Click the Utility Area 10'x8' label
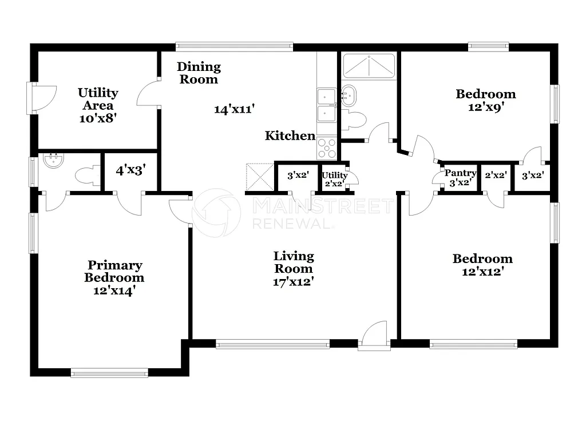98,106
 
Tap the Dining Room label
199,73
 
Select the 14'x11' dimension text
234,109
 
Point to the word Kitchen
290,136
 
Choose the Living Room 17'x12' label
294,269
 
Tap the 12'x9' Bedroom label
485,100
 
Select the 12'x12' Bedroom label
482,265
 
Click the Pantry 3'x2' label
460,178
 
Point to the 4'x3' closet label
131,170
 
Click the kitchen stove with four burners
327,148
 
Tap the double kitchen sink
327,105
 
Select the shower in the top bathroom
369,66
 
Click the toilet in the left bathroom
88,176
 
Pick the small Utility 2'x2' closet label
335,180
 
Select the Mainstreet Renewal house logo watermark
216,213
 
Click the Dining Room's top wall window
234,47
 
